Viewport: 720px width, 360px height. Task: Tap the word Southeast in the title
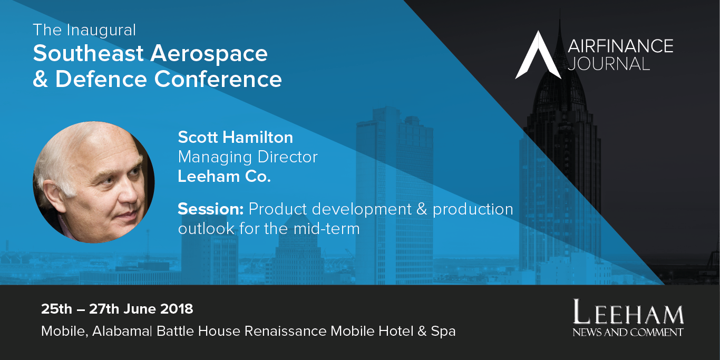tap(88, 53)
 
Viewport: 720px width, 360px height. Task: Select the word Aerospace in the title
tap(209, 54)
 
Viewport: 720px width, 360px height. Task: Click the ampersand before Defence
tap(41, 79)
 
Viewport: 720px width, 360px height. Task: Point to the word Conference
tap(218, 79)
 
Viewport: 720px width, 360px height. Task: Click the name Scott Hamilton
tap(235, 137)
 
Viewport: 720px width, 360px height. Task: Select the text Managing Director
tap(248, 158)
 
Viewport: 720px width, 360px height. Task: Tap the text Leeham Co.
tap(225, 176)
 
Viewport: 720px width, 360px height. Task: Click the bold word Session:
tap(211, 209)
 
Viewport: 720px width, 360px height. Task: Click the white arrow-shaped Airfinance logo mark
tap(538, 55)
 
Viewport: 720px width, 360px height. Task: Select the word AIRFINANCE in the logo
tap(620, 46)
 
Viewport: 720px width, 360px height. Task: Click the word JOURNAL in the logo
tap(609, 64)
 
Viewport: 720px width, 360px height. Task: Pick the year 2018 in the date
tap(177, 309)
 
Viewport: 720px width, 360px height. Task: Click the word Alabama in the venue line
tap(121, 331)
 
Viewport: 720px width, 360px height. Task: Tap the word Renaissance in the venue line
tap(286, 331)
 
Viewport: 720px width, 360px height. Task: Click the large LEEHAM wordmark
tap(628, 312)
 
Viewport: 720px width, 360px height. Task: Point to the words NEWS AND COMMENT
tap(628, 332)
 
